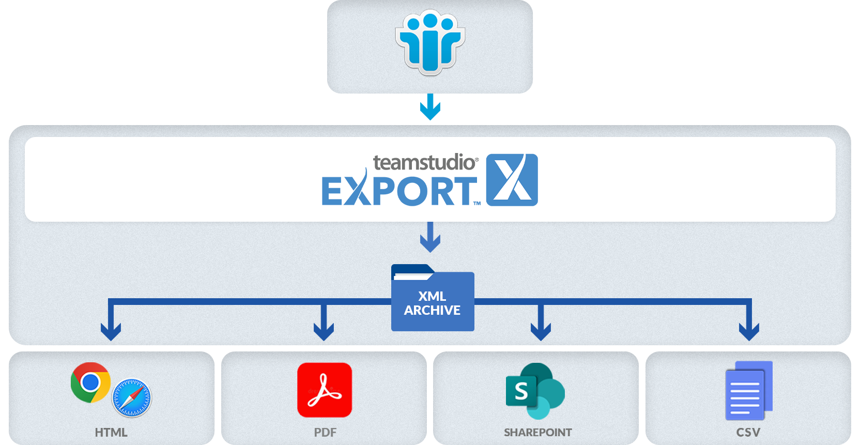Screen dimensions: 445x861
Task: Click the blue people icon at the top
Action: click(430, 44)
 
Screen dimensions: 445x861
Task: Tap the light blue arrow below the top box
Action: click(430, 108)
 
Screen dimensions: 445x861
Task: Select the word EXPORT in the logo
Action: click(398, 191)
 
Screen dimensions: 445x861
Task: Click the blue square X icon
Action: click(512, 180)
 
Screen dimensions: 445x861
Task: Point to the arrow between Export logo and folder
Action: click(430, 237)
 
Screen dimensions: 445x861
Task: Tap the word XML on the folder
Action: click(432, 296)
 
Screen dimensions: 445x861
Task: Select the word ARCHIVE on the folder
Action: click(432, 310)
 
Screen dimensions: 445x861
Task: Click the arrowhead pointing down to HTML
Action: click(111, 331)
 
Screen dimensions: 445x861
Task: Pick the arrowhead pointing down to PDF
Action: click(324, 331)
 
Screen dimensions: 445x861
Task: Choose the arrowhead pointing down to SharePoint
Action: click(541, 331)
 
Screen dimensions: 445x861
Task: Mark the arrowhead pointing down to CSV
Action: click(749, 331)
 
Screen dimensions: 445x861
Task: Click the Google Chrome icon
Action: click(90, 382)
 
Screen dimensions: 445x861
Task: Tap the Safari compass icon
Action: click(132, 398)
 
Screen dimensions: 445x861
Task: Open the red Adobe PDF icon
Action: click(325, 390)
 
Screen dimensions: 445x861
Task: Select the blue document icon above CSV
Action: click(748, 390)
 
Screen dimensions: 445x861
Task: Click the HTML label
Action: click(111, 433)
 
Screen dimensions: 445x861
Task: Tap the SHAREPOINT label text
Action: click(537, 433)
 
